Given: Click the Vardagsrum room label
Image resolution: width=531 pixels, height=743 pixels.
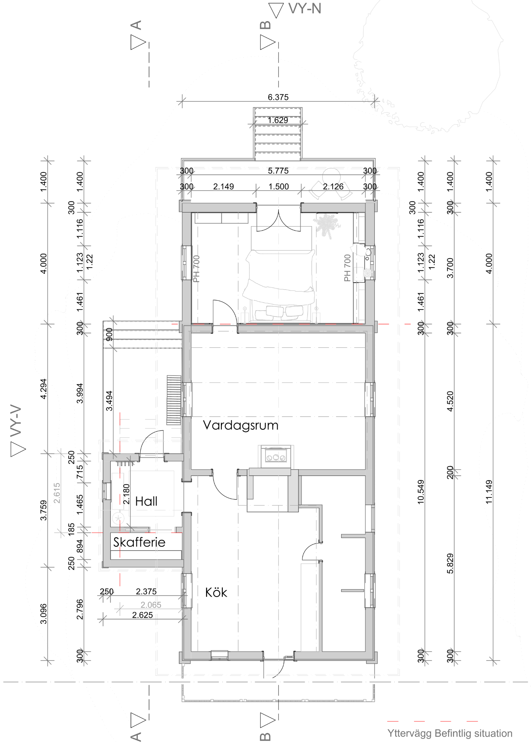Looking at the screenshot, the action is point(241,425).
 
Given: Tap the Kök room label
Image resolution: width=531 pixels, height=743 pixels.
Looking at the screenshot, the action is point(216,592).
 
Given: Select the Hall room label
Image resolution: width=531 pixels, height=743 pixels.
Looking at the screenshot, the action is point(146,501).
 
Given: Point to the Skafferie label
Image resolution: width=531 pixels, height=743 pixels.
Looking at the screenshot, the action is point(139,542).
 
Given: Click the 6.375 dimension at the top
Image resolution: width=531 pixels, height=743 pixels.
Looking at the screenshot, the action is point(278,97).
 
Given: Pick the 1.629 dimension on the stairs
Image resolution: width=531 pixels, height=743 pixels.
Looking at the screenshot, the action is point(278,120).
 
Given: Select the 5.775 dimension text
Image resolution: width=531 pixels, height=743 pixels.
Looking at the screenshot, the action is point(278,171).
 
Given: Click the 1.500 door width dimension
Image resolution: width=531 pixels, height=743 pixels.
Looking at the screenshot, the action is point(278,186).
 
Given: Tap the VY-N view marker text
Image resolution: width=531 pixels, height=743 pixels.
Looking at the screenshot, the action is point(304,9).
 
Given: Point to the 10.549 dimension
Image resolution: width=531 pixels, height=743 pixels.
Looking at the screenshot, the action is point(421,492).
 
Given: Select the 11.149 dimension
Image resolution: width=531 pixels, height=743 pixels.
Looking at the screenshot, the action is point(489,492).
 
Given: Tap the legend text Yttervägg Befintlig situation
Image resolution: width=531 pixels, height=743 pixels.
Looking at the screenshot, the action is point(450,733).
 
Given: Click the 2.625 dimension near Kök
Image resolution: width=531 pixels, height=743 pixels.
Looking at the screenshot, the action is point(143,615).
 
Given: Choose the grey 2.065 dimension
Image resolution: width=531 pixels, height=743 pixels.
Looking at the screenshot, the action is point(151,605).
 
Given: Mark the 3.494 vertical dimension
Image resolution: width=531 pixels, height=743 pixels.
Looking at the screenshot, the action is point(109,401).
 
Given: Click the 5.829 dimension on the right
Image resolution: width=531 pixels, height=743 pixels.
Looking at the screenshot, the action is point(450,564).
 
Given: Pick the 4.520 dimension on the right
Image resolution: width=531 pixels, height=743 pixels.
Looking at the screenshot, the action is point(450,401).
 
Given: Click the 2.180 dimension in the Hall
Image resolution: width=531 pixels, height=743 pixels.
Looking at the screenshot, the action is point(126,494).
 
